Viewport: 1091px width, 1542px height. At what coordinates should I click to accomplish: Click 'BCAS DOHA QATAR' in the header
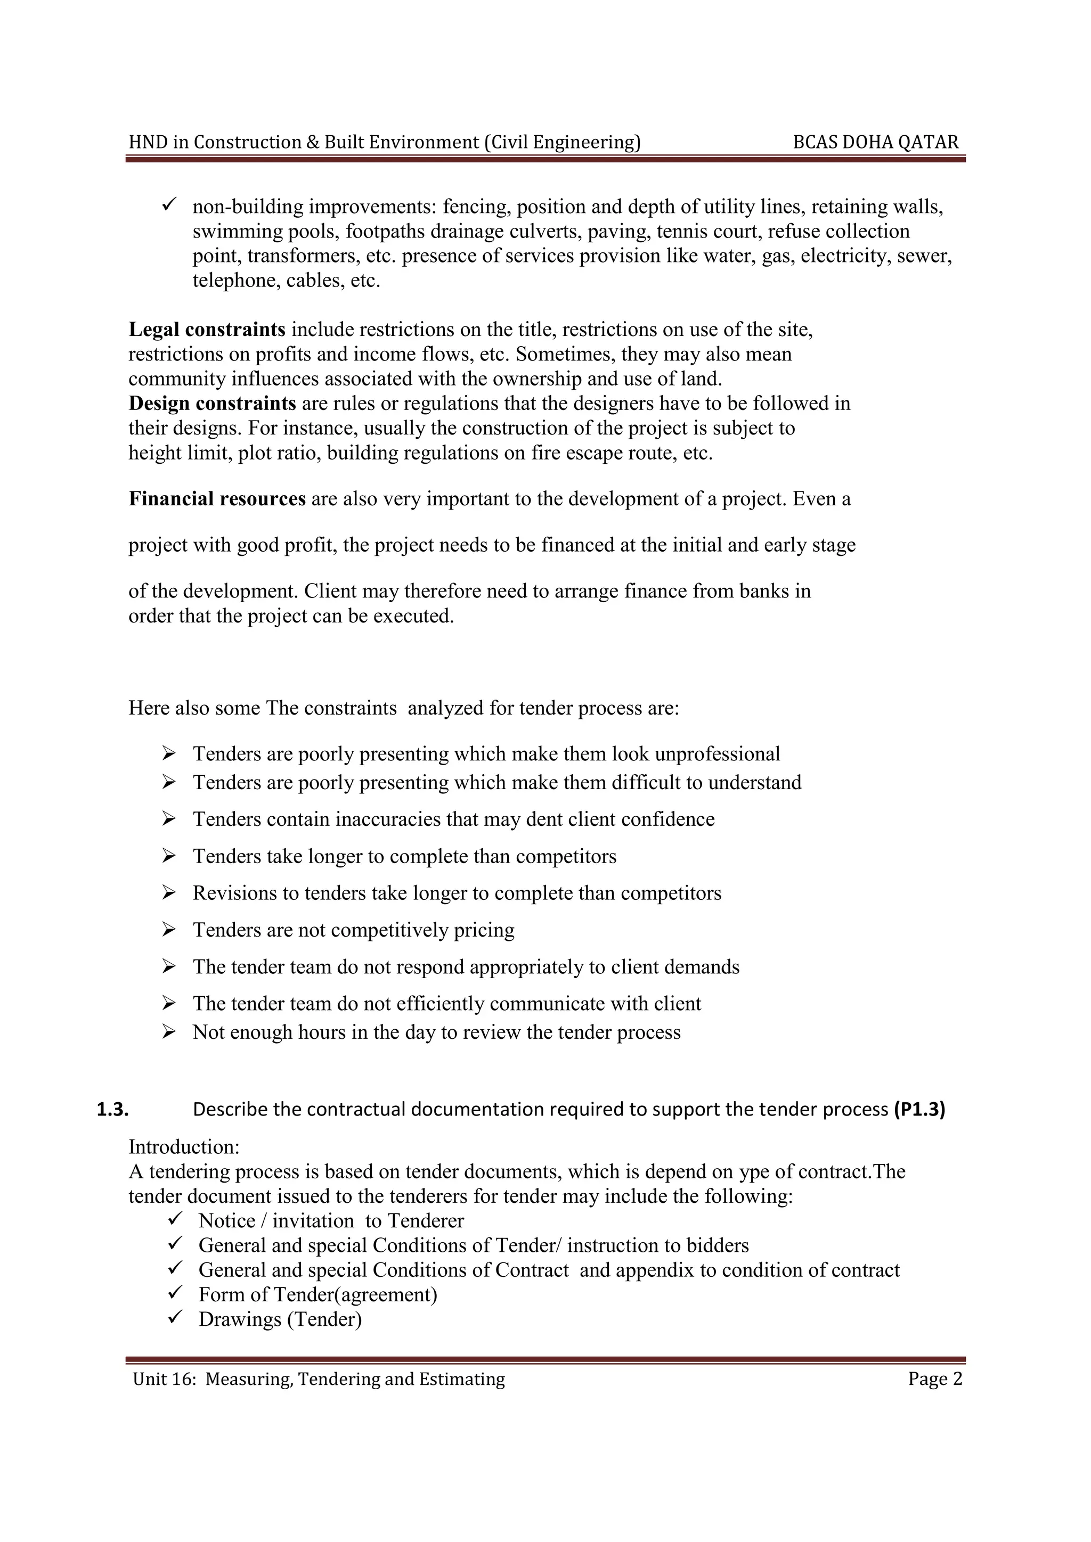tap(875, 142)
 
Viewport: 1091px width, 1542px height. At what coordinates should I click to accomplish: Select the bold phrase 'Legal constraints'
tap(207, 330)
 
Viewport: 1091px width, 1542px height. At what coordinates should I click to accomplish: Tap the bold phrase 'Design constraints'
tap(213, 404)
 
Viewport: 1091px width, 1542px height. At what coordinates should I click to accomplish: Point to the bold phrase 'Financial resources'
tap(217, 499)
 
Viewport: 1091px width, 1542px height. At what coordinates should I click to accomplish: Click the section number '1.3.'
tap(113, 1110)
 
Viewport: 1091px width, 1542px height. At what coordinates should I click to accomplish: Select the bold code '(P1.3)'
tap(919, 1110)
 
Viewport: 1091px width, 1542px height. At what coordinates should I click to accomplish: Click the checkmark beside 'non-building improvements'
tap(169, 203)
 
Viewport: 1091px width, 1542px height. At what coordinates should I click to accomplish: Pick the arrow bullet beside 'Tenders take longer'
tap(169, 856)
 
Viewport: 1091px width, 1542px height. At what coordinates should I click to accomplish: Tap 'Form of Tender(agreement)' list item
tap(317, 1294)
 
